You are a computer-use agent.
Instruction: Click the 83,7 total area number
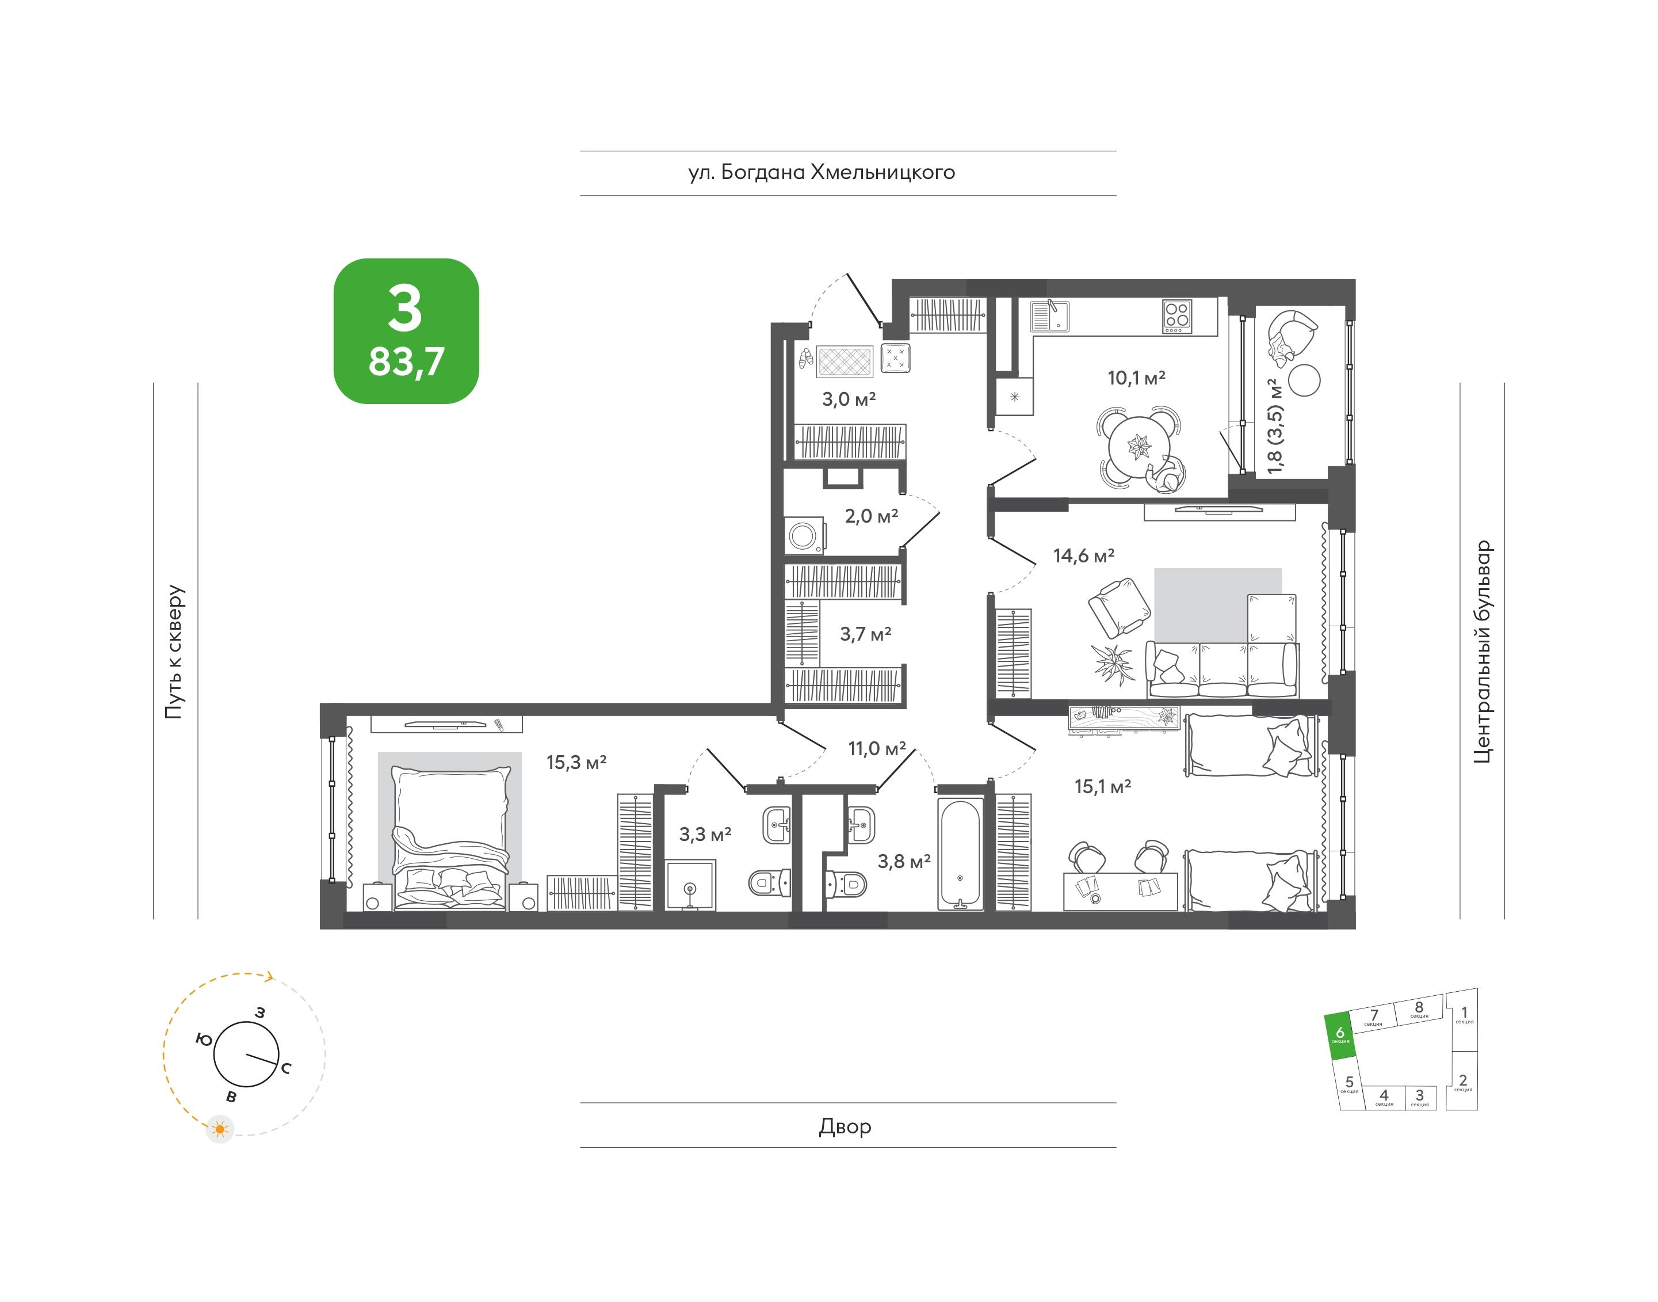[406, 361]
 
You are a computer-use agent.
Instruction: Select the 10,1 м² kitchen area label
[1136, 378]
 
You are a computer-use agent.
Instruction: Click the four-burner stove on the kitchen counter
[1177, 317]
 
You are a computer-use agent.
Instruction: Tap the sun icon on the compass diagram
[220, 1129]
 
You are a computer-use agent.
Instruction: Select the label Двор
[845, 1126]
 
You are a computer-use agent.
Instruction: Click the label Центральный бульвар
[1482, 652]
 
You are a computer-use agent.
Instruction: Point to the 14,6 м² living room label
[1083, 555]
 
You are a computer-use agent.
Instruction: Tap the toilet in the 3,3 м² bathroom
[770, 883]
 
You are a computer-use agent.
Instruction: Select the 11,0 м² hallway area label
[877, 749]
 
